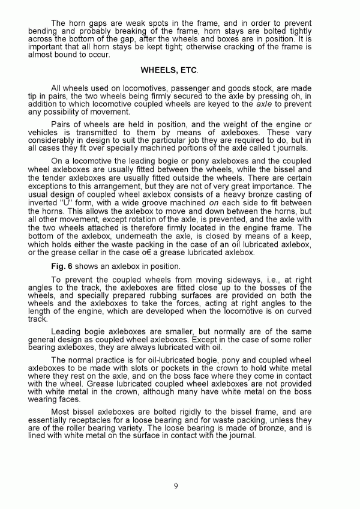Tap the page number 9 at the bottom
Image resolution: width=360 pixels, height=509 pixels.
(x=176, y=486)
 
